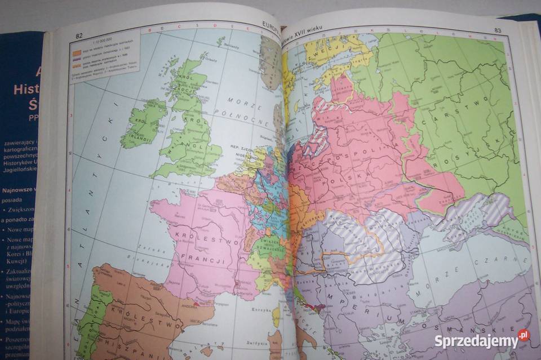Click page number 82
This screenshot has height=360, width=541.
point(79,35)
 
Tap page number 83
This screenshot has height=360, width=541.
point(498,30)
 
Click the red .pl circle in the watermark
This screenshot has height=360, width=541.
point(524,336)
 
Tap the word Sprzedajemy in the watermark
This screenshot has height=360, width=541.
point(476,341)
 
